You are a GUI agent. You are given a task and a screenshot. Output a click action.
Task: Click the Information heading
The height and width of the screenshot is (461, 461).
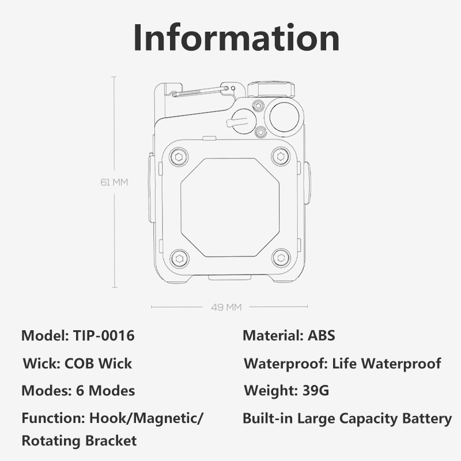point(237,38)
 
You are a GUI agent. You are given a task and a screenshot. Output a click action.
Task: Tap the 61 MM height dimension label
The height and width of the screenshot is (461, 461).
point(114,182)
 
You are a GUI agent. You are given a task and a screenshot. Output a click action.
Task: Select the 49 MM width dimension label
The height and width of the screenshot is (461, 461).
point(226,307)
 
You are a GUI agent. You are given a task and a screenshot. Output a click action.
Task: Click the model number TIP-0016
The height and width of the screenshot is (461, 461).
point(104,335)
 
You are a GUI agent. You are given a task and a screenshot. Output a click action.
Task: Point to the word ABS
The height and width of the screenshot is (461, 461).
point(322,335)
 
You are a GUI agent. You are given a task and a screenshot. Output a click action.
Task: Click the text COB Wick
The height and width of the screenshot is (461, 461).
point(98,364)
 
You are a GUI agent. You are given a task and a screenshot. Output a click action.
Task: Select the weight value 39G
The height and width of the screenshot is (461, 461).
point(316,391)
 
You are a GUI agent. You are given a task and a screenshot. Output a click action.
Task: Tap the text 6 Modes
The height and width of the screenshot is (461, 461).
point(105,391)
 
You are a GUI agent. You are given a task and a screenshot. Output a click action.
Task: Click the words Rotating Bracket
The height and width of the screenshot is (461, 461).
point(80,441)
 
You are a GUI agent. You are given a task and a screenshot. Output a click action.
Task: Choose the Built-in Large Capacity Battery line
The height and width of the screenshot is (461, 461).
point(347,419)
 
